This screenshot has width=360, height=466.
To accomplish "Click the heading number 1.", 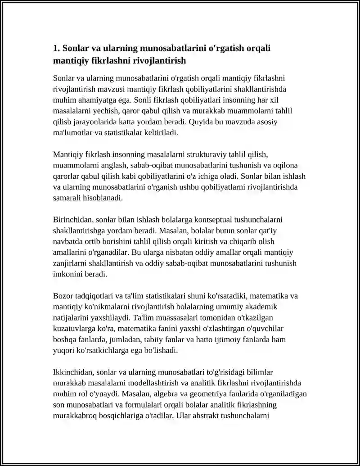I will pyautogui.click(x=56, y=48).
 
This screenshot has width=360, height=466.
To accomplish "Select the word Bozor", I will pyautogui.click(x=63, y=296).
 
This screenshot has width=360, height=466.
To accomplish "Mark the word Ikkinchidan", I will pyautogui.click(x=73, y=372).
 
